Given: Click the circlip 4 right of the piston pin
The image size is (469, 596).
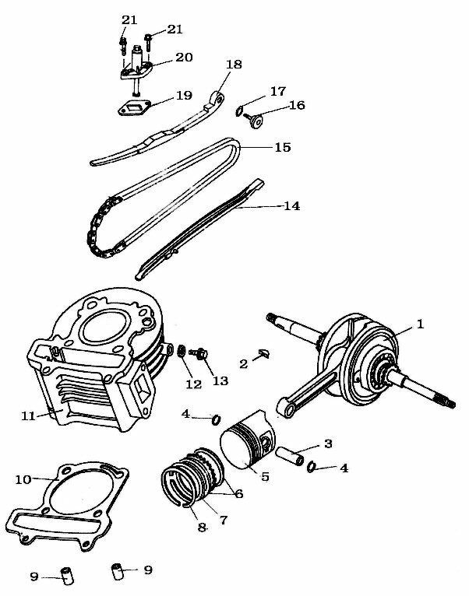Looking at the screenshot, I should (x=311, y=467).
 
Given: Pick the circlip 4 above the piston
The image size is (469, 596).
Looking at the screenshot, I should (x=215, y=420).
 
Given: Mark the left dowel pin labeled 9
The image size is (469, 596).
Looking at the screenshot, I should (x=69, y=577).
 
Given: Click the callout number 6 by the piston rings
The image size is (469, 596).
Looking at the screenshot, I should (x=238, y=493).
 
